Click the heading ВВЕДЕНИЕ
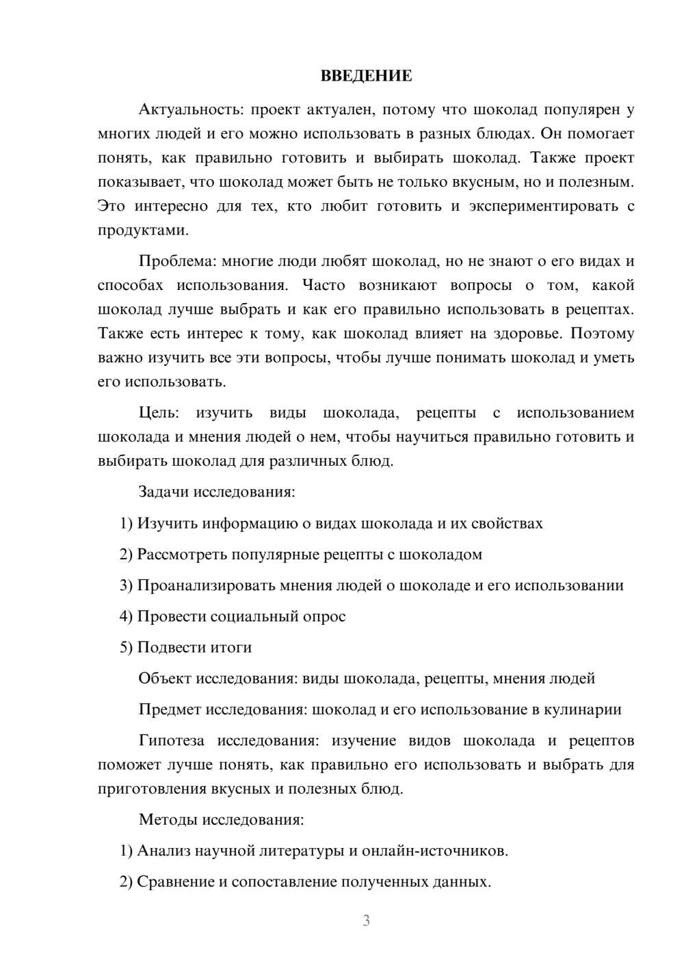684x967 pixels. coord(366,76)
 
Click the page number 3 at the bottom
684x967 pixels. coord(366,920)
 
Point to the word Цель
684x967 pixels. coord(159,413)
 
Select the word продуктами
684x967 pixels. coord(143,230)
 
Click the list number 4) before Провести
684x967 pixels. coord(126,616)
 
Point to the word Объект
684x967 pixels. coord(165,678)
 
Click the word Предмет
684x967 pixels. coord(170,709)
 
